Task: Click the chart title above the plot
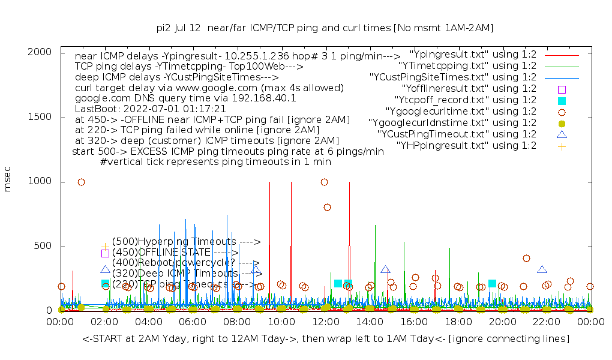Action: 325,28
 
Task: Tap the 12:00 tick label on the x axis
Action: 325,322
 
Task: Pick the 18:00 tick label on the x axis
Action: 458,322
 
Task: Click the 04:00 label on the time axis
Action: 148,322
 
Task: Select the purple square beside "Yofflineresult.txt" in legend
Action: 562,89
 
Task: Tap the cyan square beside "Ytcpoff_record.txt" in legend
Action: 562,101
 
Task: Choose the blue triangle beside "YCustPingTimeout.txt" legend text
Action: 562,134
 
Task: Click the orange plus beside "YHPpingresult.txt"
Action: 562,146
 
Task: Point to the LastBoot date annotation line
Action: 150,109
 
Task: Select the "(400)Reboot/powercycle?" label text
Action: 180,263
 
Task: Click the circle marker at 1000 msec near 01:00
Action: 81,182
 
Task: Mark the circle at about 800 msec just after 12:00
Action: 327,207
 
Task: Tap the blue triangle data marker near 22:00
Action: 542,269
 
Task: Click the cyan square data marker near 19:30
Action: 492,283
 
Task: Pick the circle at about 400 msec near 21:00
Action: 526,258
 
